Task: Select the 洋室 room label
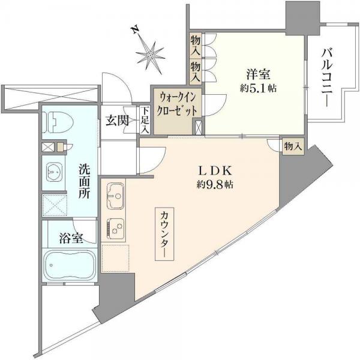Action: [x=259, y=75]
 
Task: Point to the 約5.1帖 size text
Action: [x=259, y=89]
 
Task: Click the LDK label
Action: [x=209, y=170]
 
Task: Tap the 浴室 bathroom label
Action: [x=70, y=238]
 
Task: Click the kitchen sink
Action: [x=115, y=196]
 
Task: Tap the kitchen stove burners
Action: [x=115, y=227]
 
